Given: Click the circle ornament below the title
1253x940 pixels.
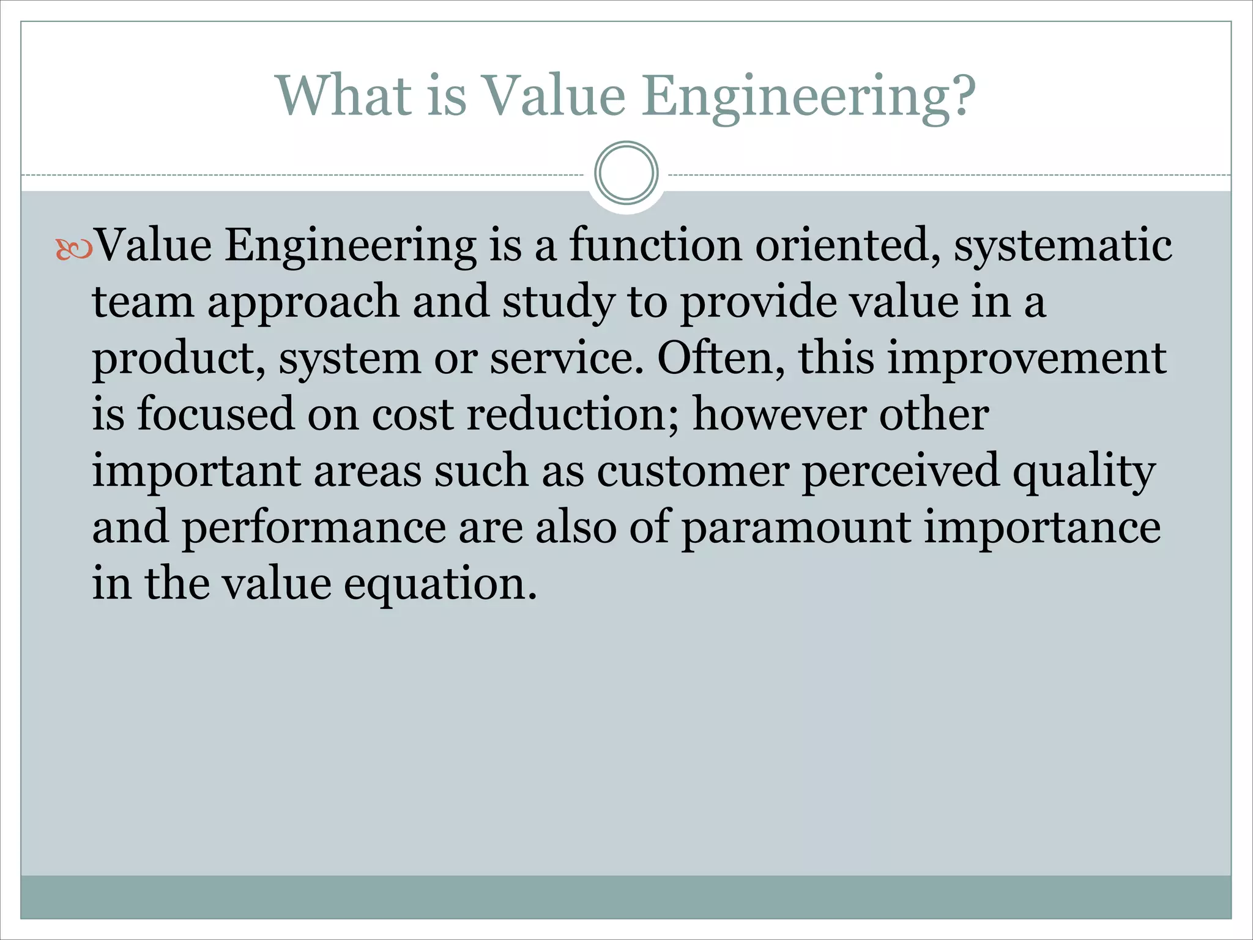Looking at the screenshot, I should pyautogui.click(x=626, y=173).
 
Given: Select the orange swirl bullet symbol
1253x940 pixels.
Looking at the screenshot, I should pyautogui.click(x=74, y=248).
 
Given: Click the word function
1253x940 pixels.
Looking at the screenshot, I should pyautogui.click(x=656, y=245).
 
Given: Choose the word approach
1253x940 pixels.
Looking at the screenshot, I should pyautogui.click(x=303, y=302).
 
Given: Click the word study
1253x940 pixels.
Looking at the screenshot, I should pyautogui.click(x=559, y=302).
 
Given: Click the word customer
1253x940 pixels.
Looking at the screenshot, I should pyautogui.click(x=693, y=471).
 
